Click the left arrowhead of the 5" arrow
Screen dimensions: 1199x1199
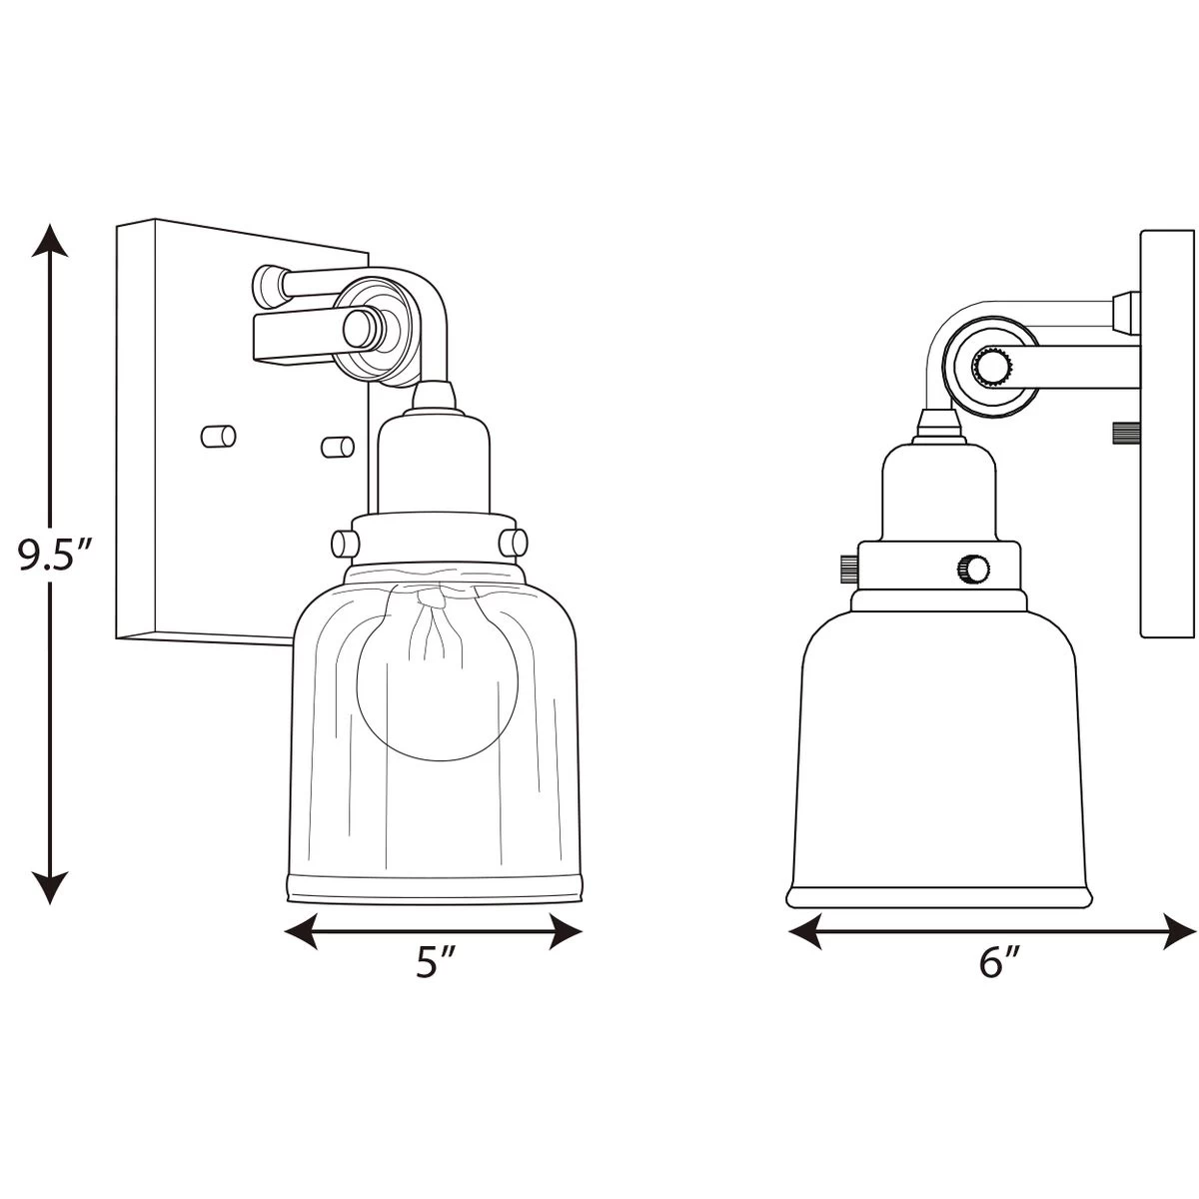301,931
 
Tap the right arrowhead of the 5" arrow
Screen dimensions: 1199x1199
565,931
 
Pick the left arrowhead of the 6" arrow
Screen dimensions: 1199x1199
805,931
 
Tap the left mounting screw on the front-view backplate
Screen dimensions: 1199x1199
219,437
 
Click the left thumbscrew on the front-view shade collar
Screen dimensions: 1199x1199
346,544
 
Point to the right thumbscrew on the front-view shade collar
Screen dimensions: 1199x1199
514,543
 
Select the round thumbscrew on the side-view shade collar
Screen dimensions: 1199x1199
974,568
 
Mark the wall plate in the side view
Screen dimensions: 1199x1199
1169,434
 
